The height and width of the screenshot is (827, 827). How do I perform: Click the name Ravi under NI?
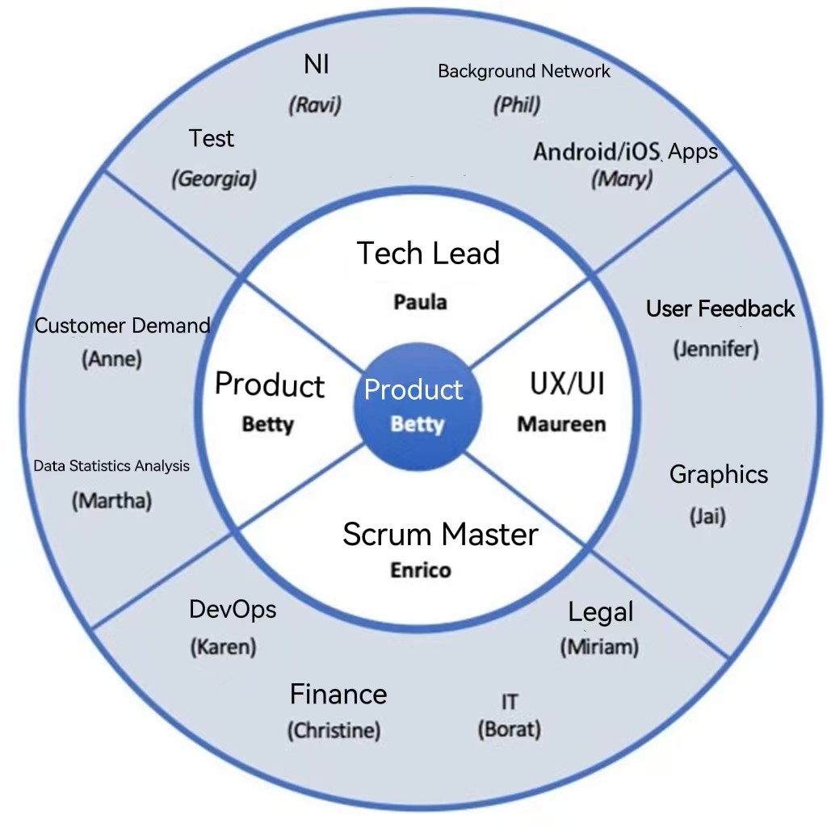point(315,106)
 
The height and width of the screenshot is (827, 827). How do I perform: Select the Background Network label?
point(523,71)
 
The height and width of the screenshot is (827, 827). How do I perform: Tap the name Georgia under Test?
point(213,178)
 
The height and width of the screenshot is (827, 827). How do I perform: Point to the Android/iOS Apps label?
point(625,151)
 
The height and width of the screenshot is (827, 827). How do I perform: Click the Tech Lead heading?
point(428,253)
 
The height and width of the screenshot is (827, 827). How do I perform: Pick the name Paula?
point(420,302)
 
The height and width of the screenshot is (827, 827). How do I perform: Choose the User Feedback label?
point(720,309)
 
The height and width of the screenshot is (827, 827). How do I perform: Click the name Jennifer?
point(716,350)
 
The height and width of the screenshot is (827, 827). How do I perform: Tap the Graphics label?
point(719,474)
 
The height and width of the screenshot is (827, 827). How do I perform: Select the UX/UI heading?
point(567,384)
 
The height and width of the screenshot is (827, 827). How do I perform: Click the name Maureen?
point(561,424)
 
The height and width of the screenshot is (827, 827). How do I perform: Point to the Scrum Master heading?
point(440,534)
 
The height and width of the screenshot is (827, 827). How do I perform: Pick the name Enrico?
point(421,570)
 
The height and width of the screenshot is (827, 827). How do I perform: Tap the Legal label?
point(601,612)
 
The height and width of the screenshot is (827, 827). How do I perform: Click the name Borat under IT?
point(509,730)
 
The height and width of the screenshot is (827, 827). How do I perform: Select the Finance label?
point(338,694)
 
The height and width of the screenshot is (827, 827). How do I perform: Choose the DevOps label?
point(233,609)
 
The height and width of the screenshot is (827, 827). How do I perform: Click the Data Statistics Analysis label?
point(111,466)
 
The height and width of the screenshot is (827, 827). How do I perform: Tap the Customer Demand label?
point(122,325)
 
